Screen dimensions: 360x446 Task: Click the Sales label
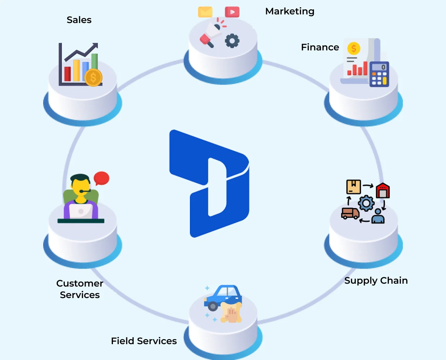tap(79, 20)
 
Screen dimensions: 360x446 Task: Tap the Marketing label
tap(290, 12)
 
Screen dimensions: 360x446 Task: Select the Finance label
tap(320, 47)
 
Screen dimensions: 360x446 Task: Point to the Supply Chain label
tap(376, 280)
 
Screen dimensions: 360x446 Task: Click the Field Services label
tap(144, 341)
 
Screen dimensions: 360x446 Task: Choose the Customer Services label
tap(80, 289)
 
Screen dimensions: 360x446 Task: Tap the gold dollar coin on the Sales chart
tap(93, 77)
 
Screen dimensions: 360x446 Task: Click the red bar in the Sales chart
tap(67, 74)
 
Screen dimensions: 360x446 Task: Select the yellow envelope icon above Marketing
tap(205, 12)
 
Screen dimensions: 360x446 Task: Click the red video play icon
tap(232, 12)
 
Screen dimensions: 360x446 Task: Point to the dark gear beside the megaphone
tap(232, 41)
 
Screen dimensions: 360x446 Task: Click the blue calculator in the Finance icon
tap(379, 74)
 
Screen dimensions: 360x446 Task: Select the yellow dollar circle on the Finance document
tap(354, 48)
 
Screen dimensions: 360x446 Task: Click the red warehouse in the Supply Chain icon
tap(383, 190)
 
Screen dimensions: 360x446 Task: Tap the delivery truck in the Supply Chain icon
tap(350, 213)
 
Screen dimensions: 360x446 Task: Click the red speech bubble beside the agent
tap(101, 178)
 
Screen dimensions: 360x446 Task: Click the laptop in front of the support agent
tap(81, 211)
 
